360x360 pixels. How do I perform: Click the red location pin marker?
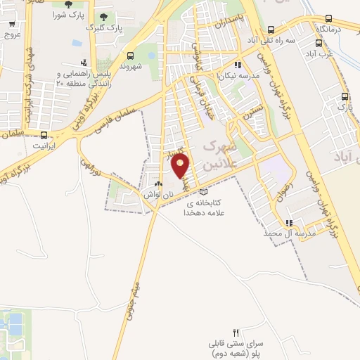click(181, 166)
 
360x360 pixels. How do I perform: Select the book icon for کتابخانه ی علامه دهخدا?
click(204, 191)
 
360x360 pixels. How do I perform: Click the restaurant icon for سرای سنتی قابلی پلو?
click(236, 333)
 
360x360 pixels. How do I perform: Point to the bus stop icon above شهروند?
click(130, 56)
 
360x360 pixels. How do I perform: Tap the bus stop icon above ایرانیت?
click(44, 134)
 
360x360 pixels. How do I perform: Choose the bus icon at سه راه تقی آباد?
click(271, 30)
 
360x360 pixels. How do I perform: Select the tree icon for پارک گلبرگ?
click(104, 17)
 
